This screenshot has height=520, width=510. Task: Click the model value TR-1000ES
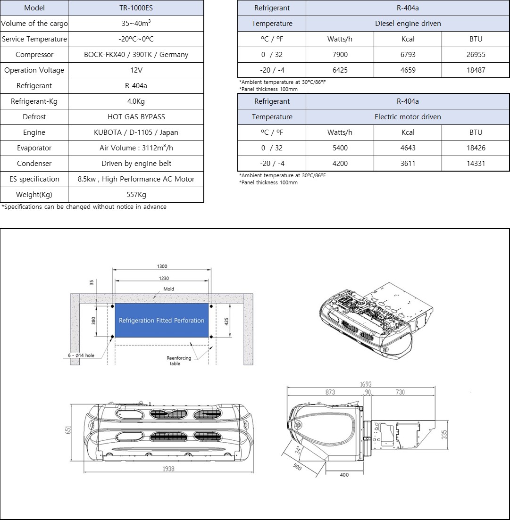tap(136, 8)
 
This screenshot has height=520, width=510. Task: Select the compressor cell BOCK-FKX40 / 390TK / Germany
tap(136, 55)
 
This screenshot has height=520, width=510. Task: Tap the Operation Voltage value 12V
tap(136, 70)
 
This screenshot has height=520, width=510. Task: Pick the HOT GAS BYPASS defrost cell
tap(136, 117)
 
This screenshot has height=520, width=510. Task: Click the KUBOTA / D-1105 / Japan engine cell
tap(136, 132)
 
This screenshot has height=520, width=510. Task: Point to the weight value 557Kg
tap(136, 195)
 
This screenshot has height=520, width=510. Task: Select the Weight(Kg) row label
tap(34, 195)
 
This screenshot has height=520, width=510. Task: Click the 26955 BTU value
tap(476, 55)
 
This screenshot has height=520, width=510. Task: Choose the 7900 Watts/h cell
tap(340, 55)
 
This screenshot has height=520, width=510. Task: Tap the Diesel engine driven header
tap(408, 24)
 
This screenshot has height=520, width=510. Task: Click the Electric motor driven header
tap(408, 117)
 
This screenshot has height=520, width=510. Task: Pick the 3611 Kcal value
tap(408, 164)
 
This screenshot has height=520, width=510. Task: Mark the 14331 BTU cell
tap(476, 164)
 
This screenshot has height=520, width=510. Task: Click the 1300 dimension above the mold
tap(162, 267)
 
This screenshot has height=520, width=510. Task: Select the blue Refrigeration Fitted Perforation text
tap(161, 321)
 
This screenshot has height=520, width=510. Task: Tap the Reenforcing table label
tap(179, 361)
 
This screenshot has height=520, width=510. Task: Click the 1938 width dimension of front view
tap(168, 469)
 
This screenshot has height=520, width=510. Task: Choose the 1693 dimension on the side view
tap(366, 385)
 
